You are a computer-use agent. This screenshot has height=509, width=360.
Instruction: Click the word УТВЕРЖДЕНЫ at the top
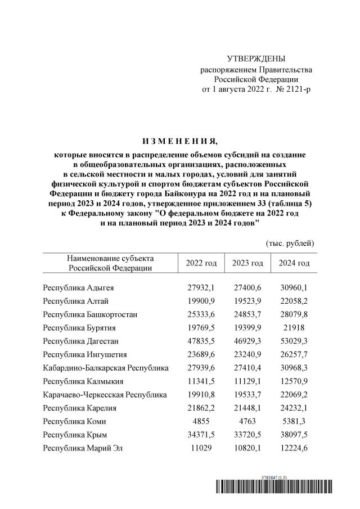pyautogui.click(x=256, y=59)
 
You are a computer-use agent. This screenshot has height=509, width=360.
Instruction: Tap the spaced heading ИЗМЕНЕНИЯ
pyautogui.click(x=180, y=141)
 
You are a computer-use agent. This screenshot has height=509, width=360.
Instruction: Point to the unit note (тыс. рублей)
pyautogui.click(x=290, y=243)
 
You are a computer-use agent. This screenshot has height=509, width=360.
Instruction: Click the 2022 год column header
pyautogui.click(x=201, y=263)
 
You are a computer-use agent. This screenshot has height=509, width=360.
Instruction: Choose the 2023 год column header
pyautogui.click(x=247, y=263)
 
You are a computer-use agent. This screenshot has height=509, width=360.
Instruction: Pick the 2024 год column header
pyautogui.click(x=294, y=263)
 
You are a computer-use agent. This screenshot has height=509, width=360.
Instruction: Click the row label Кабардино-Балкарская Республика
pyautogui.click(x=106, y=368)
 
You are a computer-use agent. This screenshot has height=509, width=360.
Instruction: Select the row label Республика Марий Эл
pyautogui.click(x=83, y=448)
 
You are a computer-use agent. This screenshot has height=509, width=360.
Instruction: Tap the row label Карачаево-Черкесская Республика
pyautogui.click(x=105, y=395)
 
